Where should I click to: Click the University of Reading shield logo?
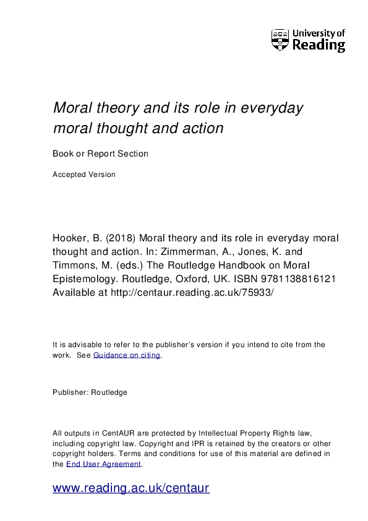click(x=280, y=40)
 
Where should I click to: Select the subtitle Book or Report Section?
click(x=101, y=153)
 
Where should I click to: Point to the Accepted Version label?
click(x=84, y=174)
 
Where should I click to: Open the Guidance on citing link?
click(x=127, y=355)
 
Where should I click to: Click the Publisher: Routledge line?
click(x=90, y=392)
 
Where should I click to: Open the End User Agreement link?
click(x=104, y=463)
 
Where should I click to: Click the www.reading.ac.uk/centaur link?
click(x=131, y=488)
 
